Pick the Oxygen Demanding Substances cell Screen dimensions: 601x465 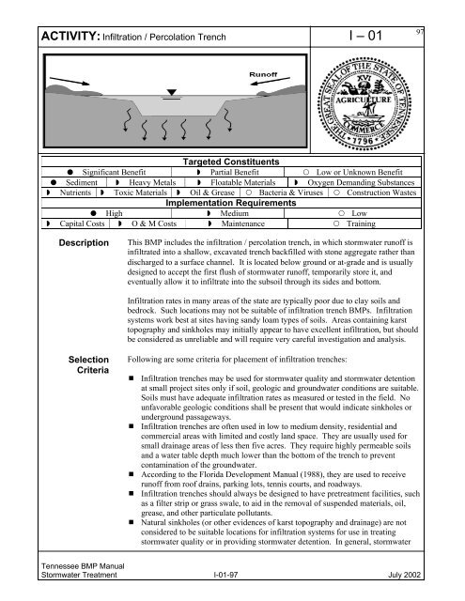[384, 186]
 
